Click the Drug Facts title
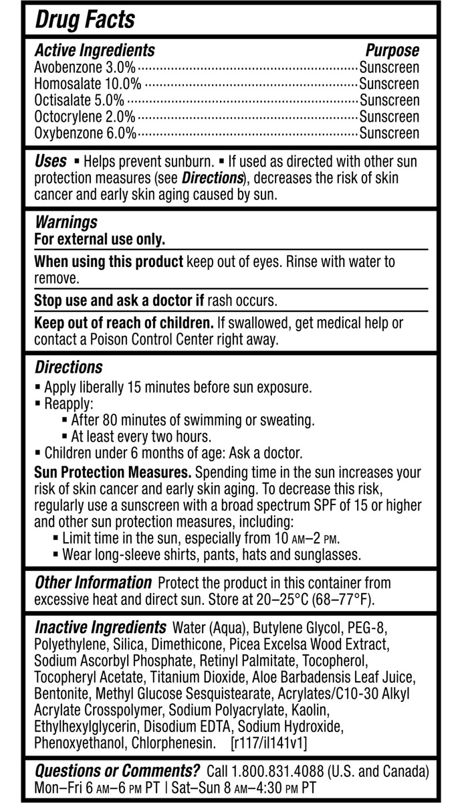click(x=85, y=20)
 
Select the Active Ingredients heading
click(x=94, y=50)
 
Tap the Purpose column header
click(x=392, y=50)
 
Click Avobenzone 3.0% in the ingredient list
click(x=85, y=68)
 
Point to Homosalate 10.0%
click(x=88, y=84)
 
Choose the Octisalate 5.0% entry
click(x=79, y=100)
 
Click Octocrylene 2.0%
click(x=84, y=116)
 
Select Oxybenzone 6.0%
click(x=85, y=132)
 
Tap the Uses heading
click(x=50, y=162)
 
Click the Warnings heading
click(x=66, y=222)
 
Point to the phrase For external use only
click(x=100, y=239)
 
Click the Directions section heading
click(x=68, y=367)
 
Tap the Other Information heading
click(x=93, y=583)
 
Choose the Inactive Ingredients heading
click(x=100, y=628)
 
